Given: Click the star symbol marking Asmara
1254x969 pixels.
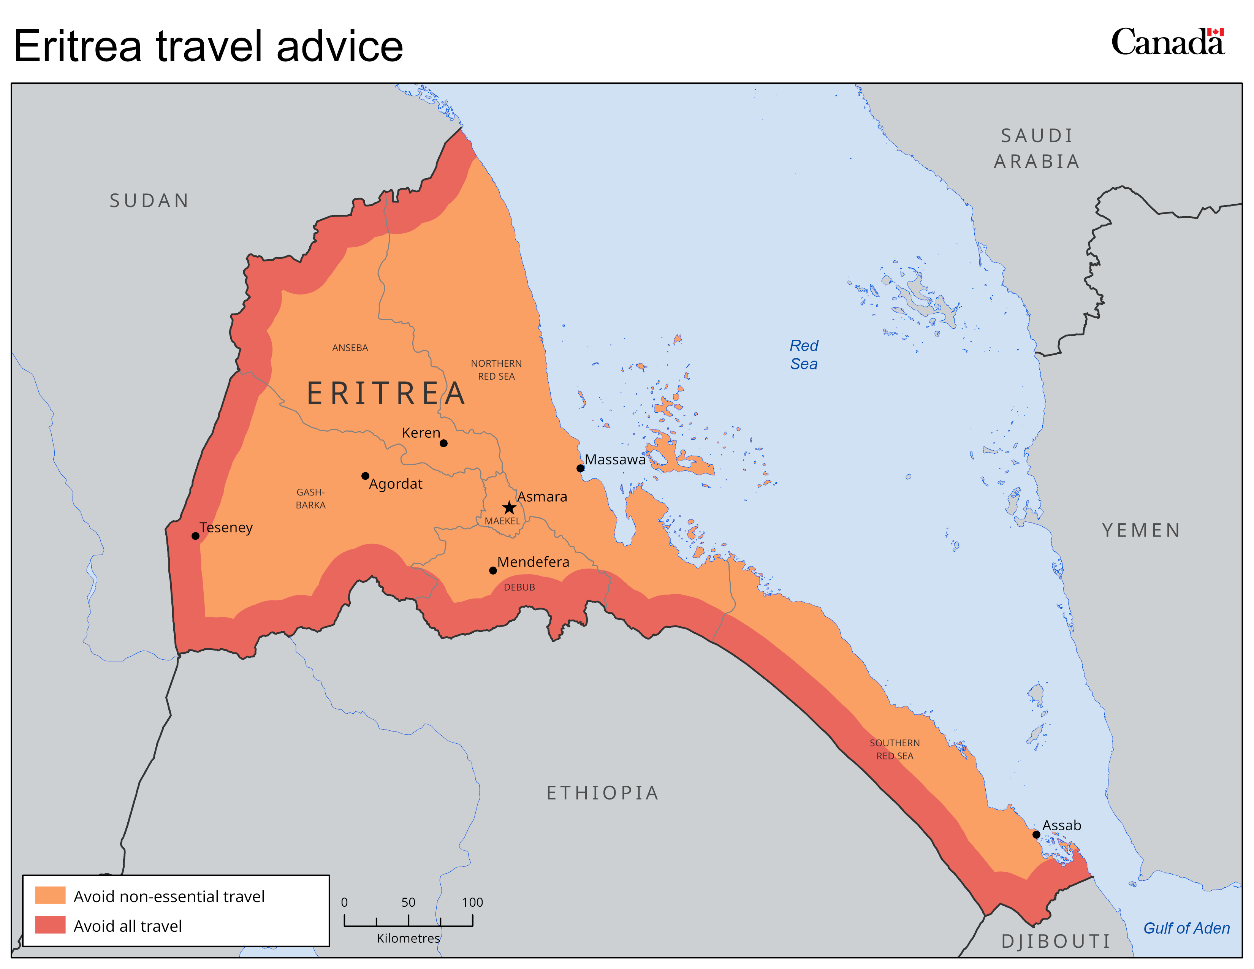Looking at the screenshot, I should pos(509,507).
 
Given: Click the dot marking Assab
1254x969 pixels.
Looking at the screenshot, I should pos(1036,835).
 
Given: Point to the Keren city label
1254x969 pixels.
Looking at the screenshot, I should pos(421,433).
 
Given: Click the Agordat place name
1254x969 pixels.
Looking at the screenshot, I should pos(396,484).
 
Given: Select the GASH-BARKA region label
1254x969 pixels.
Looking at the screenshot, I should pos(310,498).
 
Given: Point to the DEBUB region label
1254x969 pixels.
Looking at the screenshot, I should pos(519,587).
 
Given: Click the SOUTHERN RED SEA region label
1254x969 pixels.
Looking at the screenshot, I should pos(895,749).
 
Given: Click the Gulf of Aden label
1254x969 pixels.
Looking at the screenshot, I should pos(1186,928).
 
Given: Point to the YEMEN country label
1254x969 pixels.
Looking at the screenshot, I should pos(1141,530).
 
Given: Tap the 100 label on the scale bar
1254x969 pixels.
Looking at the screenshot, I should pos(473,902).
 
